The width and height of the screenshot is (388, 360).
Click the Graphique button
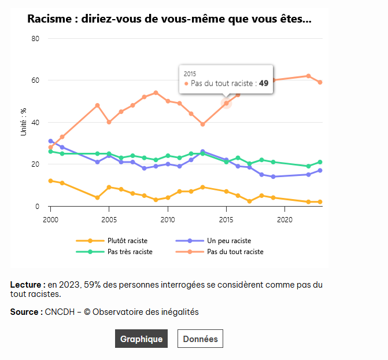[x=141, y=339]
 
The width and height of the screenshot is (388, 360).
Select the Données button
[x=200, y=339]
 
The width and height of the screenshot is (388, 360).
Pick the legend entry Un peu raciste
[x=228, y=241]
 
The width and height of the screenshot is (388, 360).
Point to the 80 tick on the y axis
[x=35, y=39]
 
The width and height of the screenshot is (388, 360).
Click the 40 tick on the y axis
[x=35, y=123]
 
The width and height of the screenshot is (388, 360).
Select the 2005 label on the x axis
[x=109, y=220]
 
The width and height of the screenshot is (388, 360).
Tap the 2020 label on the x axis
[x=284, y=220]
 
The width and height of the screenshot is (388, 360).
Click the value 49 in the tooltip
[x=264, y=83]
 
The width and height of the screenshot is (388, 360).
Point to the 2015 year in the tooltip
[x=190, y=74]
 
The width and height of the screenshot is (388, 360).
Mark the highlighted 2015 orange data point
[x=227, y=103]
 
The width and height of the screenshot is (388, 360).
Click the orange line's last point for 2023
[x=320, y=82]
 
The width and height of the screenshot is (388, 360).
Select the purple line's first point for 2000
[x=50, y=141]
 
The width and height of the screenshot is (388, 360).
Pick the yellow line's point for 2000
[x=50, y=181]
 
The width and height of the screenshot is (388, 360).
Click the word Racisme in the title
[x=50, y=19]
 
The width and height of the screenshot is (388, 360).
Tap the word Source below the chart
[x=25, y=312]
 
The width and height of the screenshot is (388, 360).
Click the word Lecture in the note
[x=27, y=285]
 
